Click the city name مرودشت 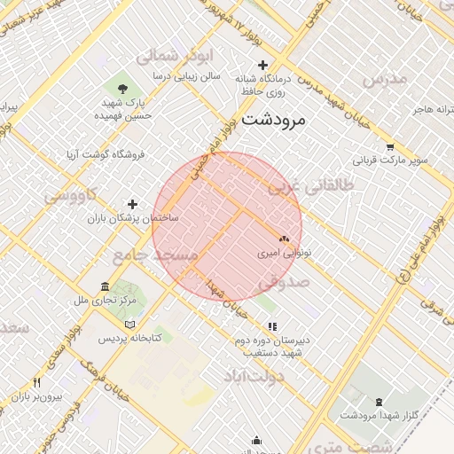273,118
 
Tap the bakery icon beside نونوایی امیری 284,239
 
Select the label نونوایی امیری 280,253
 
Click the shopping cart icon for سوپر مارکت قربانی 389,146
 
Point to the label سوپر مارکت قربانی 391,161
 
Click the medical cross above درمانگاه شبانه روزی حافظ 262,65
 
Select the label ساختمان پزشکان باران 133,217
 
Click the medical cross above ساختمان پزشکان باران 133,204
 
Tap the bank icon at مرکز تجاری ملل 106,287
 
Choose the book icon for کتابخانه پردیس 131,325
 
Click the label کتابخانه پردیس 129,339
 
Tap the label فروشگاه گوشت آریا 104,154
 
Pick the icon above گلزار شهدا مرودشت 380,402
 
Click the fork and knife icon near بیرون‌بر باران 36,382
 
